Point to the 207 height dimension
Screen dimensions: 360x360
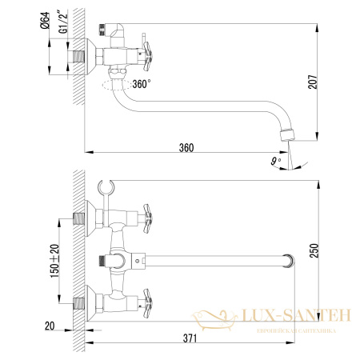point(322,82)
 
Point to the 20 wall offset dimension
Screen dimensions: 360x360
point(50,325)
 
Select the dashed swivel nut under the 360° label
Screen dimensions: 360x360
point(114,83)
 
